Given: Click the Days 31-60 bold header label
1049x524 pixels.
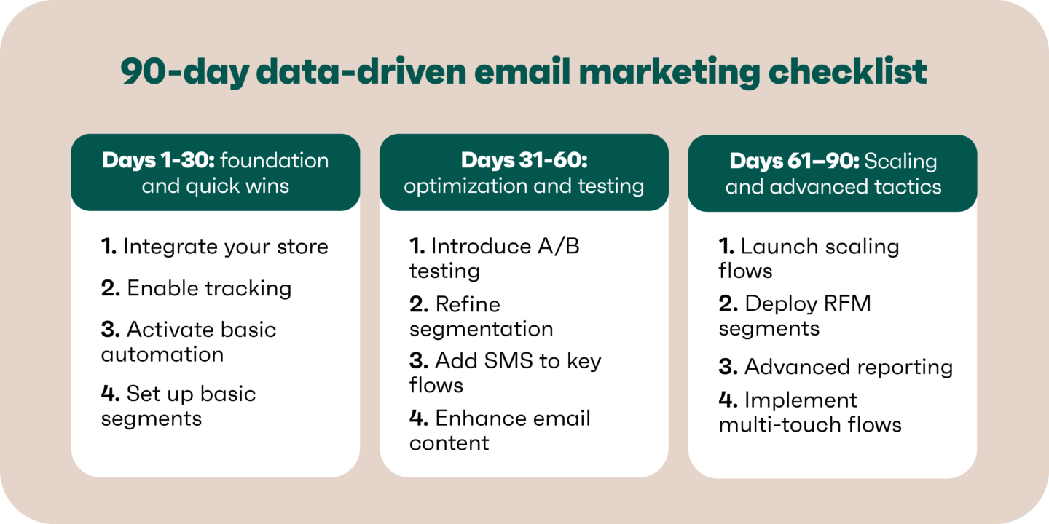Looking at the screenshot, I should click(524, 161).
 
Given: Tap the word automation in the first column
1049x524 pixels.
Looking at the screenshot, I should click(162, 354).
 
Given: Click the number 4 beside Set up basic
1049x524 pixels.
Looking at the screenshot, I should click(110, 394).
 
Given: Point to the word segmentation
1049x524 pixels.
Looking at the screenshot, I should click(481, 329).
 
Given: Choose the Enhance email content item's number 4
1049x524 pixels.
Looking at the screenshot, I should click(419, 418).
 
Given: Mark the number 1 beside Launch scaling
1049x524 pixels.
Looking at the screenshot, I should click(727, 247).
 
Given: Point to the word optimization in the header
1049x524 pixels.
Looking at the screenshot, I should click(465, 186).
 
